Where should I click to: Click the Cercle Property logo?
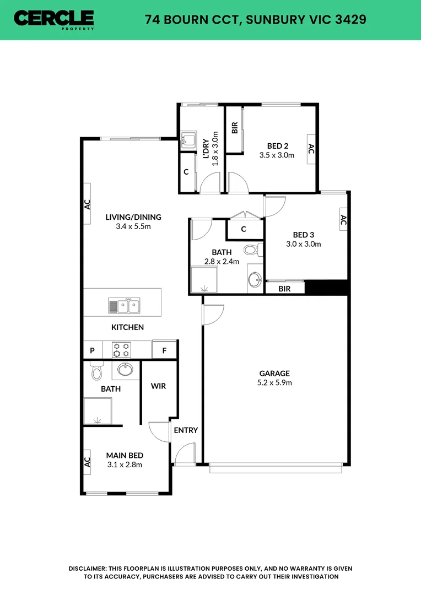(54, 19)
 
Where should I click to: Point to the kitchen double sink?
(124, 305)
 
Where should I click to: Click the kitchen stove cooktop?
(121, 350)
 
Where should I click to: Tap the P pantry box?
(92, 350)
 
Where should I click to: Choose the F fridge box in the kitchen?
(164, 350)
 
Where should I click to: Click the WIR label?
(158, 386)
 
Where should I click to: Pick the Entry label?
(186, 430)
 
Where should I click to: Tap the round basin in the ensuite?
(125, 370)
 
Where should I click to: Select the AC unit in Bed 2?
(311, 149)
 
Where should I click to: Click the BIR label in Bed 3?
(284, 288)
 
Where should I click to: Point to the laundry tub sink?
(188, 139)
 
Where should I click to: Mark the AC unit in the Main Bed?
(87, 461)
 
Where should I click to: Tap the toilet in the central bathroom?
(251, 250)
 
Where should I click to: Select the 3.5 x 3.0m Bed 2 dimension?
(277, 155)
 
